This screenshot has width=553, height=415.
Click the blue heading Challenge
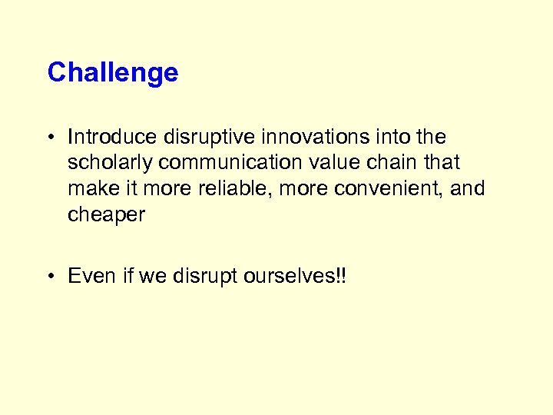113,73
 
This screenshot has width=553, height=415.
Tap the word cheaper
106,215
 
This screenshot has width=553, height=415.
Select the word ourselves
288,275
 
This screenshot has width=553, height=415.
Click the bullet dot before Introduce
51,138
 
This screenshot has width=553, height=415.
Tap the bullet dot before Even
51,276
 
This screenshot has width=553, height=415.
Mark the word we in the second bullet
151,275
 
